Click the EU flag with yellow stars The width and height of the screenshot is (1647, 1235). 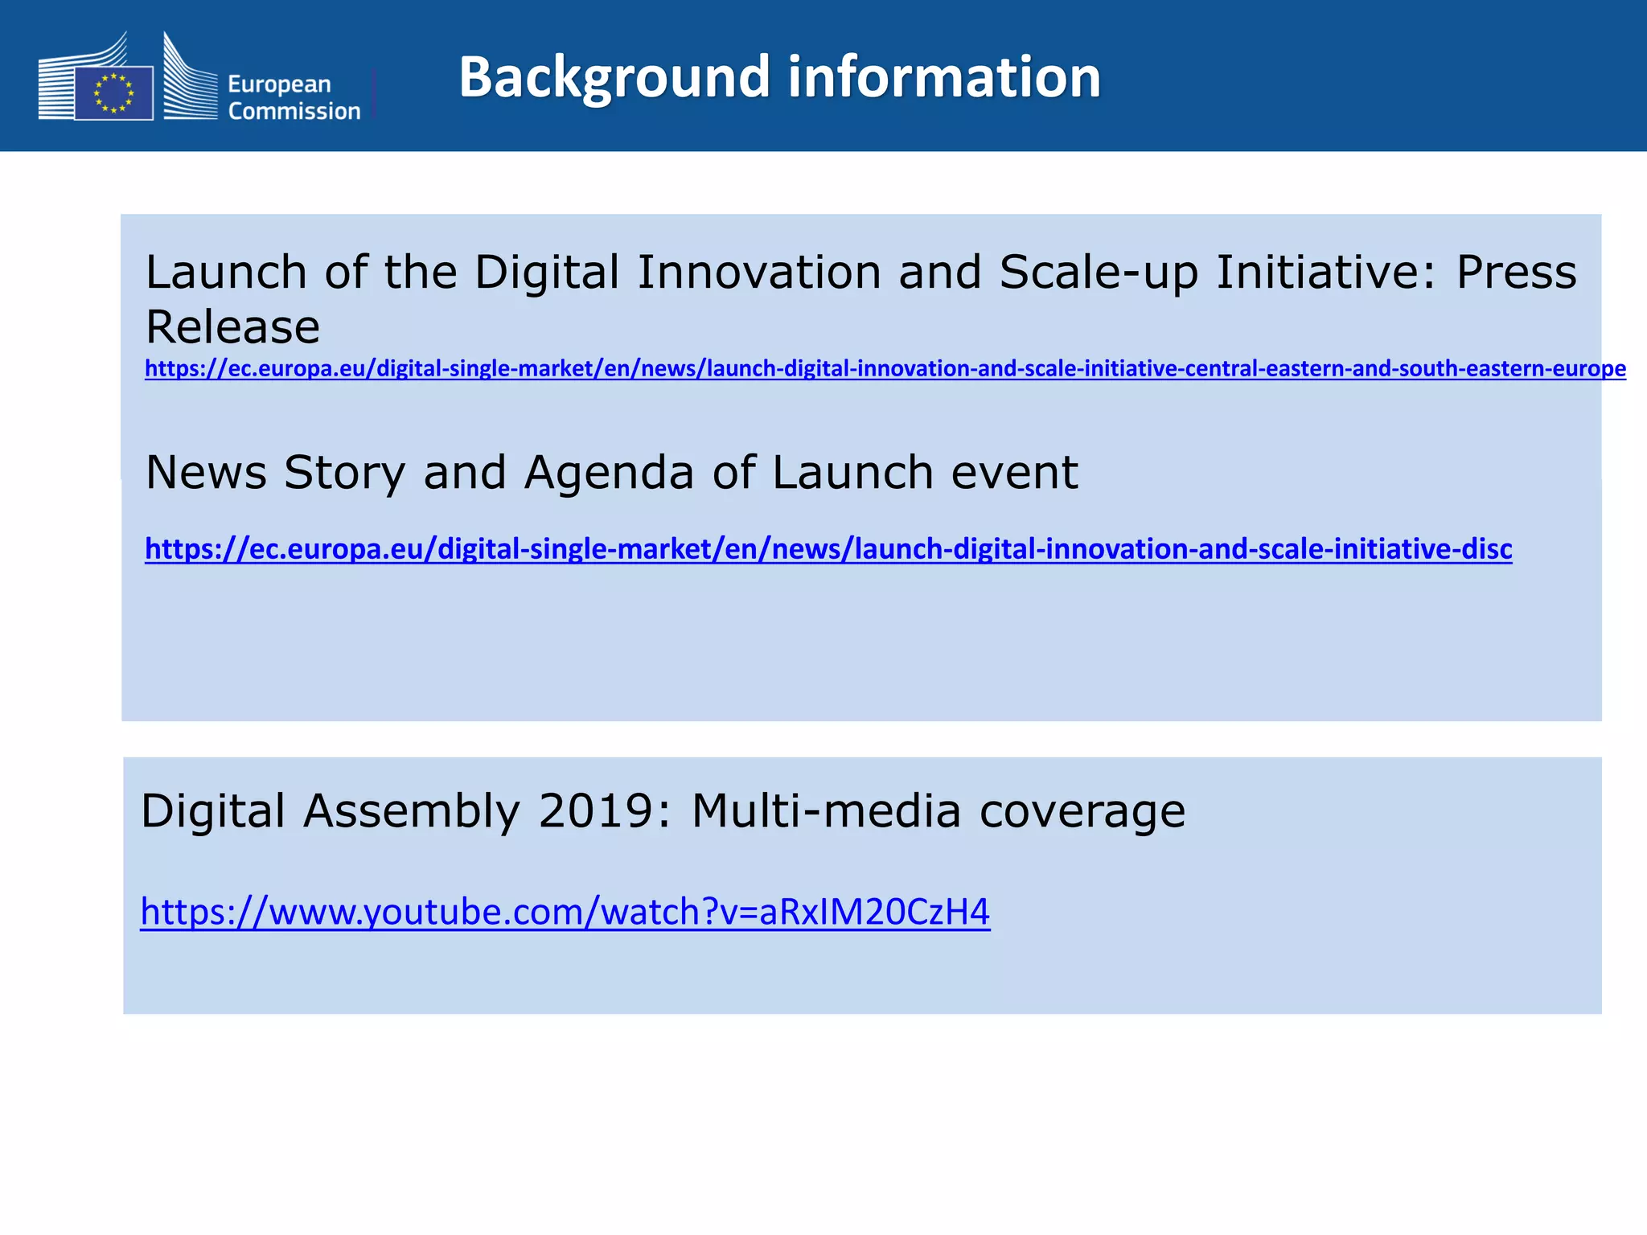point(113,93)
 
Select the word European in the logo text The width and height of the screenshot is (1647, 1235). point(279,84)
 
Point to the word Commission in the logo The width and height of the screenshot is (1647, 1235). point(294,111)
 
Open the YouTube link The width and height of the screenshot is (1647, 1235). point(565,912)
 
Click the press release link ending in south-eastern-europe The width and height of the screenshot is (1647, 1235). point(885,369)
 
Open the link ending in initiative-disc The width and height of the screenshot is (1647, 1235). point(828,549)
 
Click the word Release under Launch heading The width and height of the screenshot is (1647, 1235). point(232,326)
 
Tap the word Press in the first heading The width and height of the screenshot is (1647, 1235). point(1516,272)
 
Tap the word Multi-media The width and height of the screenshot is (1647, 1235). point(826,810)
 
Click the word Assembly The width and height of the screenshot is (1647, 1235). point(412,812)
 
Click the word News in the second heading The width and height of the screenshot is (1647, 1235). point(206,472)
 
